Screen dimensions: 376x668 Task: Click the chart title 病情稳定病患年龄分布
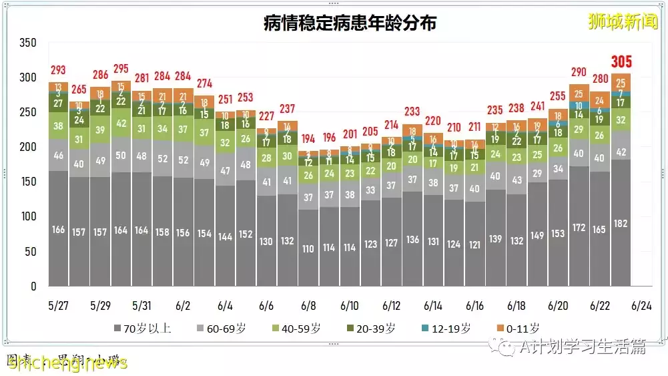point(350,23)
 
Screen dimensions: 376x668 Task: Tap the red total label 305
point(621,62)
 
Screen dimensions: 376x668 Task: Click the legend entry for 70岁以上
point(143,329)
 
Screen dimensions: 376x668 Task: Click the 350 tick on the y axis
point(27,43)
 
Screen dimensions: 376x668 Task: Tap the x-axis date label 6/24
point(641,306)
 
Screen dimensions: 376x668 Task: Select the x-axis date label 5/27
point(59,306)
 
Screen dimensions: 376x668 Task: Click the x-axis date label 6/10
point(349,306)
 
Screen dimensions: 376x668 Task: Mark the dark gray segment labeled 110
point(308,248)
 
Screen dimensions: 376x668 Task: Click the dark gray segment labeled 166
point(59,229)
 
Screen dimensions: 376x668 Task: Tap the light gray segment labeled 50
point(121,156)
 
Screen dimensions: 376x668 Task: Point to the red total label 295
point(121,69)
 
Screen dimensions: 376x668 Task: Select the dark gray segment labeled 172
point(579,227)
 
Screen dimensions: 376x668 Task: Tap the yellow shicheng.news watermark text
point(67,363)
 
